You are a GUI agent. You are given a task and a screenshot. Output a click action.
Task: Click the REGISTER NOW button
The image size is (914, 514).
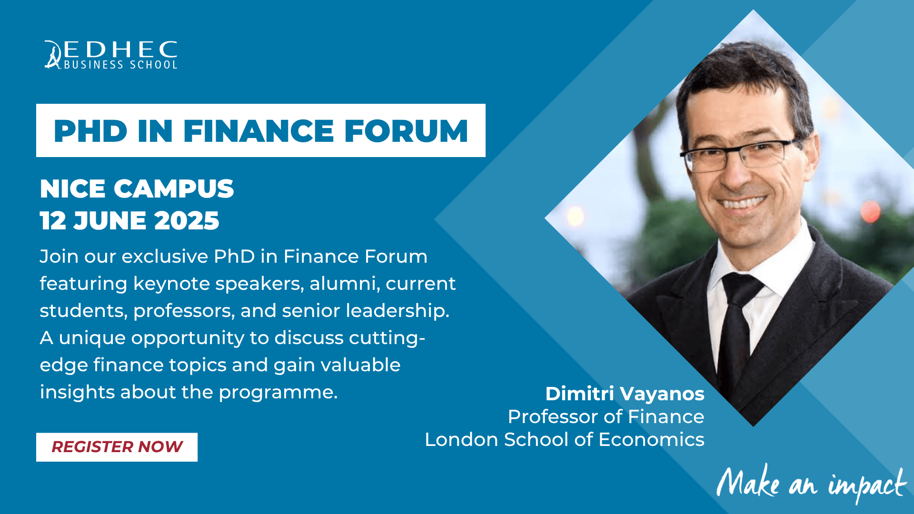pos(117,447)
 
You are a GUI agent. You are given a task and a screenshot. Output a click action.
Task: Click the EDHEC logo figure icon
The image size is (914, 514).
pos(53,55)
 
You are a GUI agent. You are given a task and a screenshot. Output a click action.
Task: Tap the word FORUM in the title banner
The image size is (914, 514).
pos(406,131)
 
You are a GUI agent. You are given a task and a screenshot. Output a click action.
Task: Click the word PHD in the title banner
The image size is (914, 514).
pos(90,131)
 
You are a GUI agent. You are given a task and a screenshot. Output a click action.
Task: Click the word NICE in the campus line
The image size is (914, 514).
pos(72,189)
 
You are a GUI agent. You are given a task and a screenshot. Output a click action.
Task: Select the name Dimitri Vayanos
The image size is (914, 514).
pos(625,394)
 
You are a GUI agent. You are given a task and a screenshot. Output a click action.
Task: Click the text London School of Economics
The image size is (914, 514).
pos(565,439)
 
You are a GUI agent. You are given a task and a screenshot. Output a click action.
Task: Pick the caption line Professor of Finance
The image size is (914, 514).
pos(606,417)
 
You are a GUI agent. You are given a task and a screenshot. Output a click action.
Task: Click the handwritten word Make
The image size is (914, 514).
pos(748,482)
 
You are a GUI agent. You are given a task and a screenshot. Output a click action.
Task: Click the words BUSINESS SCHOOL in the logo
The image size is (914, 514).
pos(120,65)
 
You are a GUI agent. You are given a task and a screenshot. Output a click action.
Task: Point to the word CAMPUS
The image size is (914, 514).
pos(174,189)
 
